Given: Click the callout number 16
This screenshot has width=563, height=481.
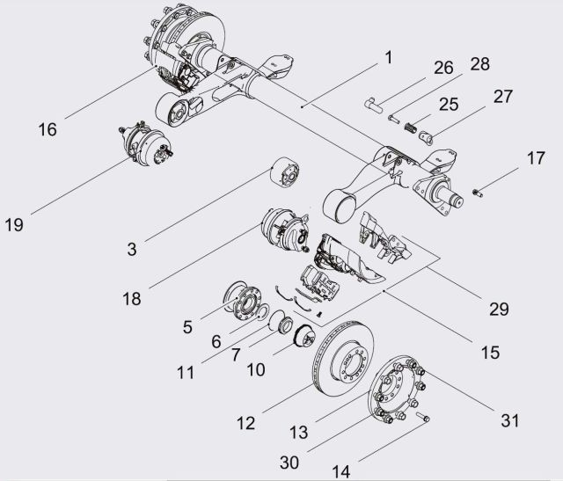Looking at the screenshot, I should [x=47, y=128].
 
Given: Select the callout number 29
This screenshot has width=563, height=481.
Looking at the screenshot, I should [x=499, y=309].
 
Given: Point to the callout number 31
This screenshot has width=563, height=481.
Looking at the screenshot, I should [x=510, y=420].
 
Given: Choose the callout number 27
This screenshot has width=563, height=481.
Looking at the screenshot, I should [x=502, y=96].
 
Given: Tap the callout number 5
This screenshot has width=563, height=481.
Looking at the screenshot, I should [x=187, y=327].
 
